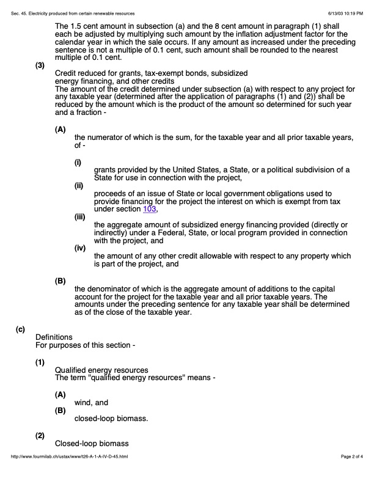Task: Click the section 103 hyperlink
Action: point(150,209)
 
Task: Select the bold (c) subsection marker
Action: point(21,329)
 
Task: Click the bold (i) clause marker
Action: point(78,163)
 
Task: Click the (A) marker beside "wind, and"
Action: point(60,395)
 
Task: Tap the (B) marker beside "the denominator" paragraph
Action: point(60,281)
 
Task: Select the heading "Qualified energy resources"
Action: point(101,370)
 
